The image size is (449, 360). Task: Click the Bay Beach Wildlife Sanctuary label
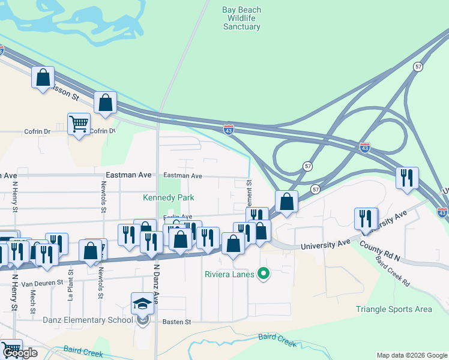coord(241,18)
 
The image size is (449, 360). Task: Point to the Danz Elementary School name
coord(88,319)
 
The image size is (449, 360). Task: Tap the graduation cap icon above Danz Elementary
coord(143,303)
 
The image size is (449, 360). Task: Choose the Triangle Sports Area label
coord(394,309)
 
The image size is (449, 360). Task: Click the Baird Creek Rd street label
coord(393,271)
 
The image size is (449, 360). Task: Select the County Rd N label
coord(381,250)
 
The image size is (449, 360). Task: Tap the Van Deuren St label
coord(42,283)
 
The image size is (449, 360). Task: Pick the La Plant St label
coord(70,285)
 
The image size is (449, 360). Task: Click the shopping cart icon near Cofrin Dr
coord(79,124)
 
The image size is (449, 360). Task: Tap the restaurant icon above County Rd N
coord(366,219)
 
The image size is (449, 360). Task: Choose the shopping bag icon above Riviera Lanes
coord(233,243)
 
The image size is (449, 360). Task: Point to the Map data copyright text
coord(411,355)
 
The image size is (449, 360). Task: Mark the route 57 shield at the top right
coord(418,67)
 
